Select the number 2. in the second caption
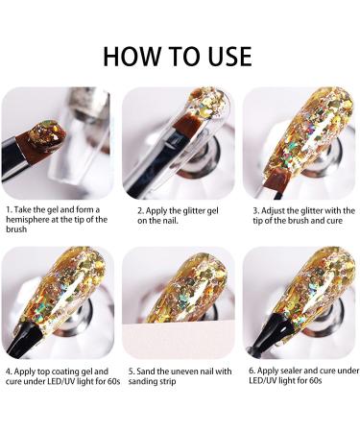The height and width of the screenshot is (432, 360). click(141, 210)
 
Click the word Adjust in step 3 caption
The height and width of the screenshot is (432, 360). click(274, 210)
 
